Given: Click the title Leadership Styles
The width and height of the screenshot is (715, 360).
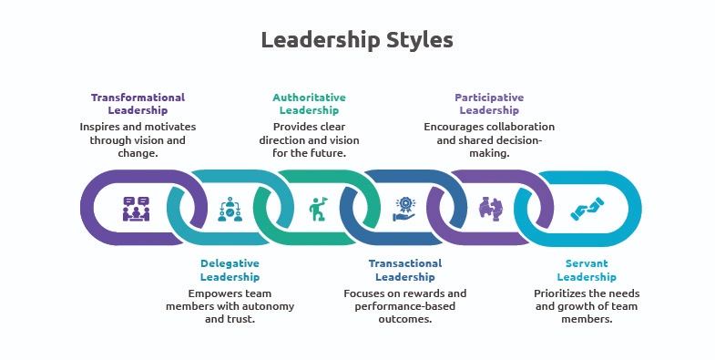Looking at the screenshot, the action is [x=356, y=40].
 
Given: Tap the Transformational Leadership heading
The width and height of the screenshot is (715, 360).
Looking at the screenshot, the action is [x=138, y=104].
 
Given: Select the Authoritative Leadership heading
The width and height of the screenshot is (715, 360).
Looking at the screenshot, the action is [x=309, y=104].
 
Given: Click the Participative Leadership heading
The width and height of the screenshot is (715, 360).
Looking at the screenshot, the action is [x=489, y=104].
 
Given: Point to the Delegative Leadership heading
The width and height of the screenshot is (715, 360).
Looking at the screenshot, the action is [x=230, y=270].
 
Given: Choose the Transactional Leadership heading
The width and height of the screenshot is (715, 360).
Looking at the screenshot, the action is [x=404, y=270].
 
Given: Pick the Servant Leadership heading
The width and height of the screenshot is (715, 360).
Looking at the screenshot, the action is [x=581, y=270].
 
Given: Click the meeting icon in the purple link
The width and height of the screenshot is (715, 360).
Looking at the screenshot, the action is [x=137, y=209].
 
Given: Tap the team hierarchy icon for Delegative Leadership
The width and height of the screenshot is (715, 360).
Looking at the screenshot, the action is [x=228, y=209].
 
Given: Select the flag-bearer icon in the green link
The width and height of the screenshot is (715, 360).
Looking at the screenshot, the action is [x=317, y=209].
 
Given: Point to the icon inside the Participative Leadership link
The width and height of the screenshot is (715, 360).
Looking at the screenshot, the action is [x=491, y=209].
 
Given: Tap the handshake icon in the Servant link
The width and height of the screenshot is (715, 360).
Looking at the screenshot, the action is [x=583, y=209].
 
